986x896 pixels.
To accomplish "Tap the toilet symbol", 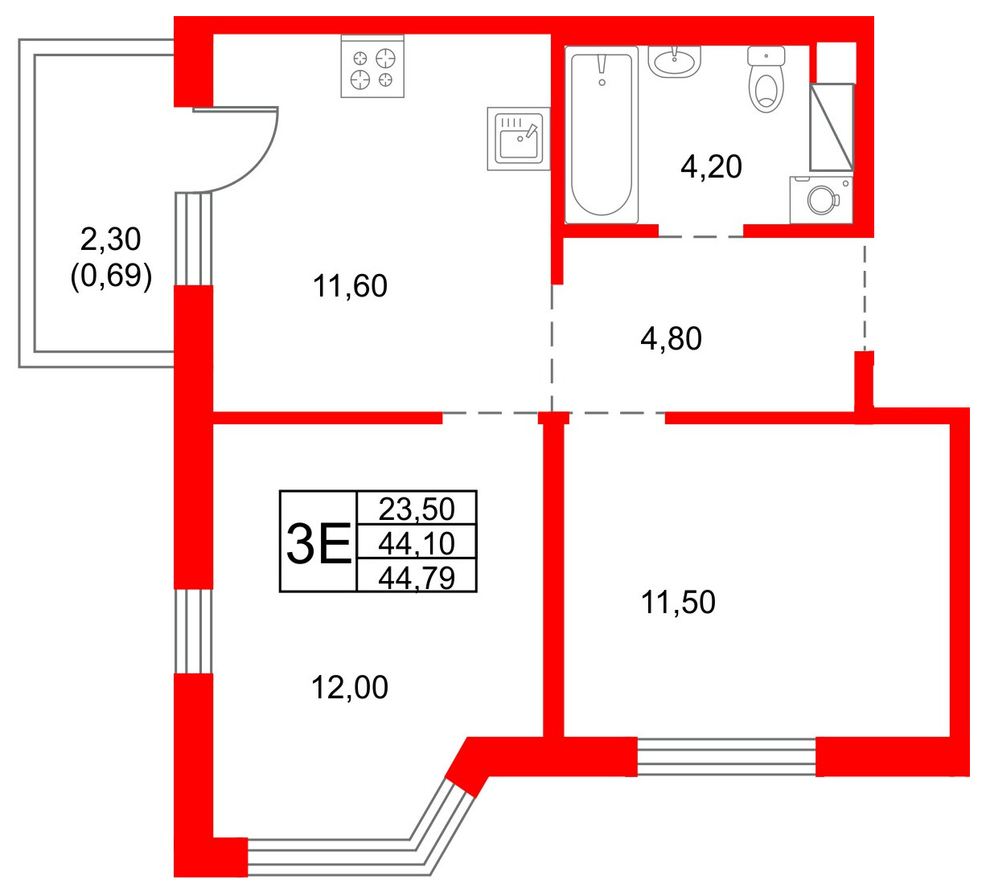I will (766, 80).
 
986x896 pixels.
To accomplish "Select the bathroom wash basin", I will (675, 60).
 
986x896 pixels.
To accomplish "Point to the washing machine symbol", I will (821, 198).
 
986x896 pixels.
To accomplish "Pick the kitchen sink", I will (518, 139).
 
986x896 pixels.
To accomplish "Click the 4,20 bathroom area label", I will (711, 167).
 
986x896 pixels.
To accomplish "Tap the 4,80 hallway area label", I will (671, 339).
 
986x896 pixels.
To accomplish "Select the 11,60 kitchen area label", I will (351, 286).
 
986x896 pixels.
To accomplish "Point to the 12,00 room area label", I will (350, 688).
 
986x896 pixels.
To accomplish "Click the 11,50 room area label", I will (678, 603).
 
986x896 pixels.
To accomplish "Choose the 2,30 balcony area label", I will (111, 239).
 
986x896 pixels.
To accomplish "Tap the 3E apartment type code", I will (318, 543).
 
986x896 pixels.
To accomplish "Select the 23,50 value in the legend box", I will (417, 509).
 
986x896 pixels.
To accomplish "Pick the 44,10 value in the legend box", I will (417, 544).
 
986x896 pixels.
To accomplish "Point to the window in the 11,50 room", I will (726, 756).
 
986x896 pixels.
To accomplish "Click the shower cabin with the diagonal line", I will (831, 127).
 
